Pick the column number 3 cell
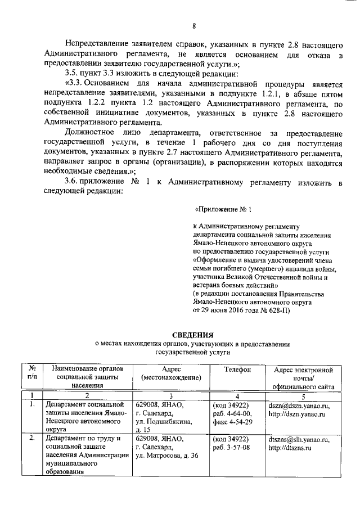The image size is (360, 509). pos(170,395)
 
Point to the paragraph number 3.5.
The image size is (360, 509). pos(73,74)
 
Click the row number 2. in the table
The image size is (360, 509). pos(33,439)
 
